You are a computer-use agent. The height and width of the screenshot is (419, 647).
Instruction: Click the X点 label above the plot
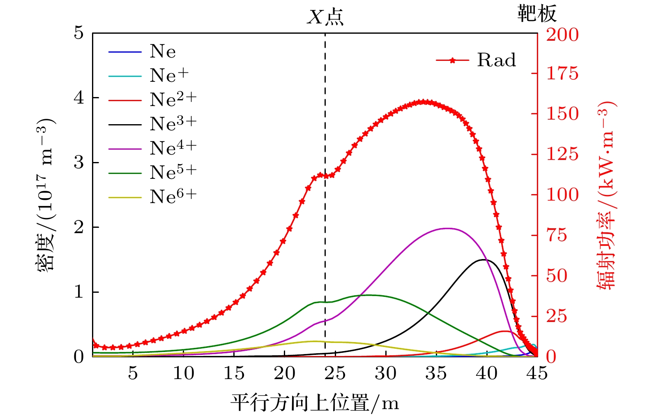point(325,18)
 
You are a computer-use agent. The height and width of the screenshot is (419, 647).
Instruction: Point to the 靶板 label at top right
point(536,14)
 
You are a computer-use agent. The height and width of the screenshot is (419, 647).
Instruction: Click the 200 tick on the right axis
point(562,35)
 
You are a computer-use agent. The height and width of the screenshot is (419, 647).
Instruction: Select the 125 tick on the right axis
point(562,155)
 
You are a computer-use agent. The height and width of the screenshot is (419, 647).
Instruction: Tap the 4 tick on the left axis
point(78,98)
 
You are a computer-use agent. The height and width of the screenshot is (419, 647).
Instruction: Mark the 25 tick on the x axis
point(335,373)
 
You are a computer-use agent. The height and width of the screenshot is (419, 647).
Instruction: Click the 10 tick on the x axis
point(183,373)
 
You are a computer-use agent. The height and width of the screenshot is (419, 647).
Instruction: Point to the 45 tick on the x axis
point(537,373)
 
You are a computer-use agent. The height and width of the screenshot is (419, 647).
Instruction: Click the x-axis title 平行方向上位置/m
point(314,403)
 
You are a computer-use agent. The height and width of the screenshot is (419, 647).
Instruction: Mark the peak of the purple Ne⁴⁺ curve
point(447,228)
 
